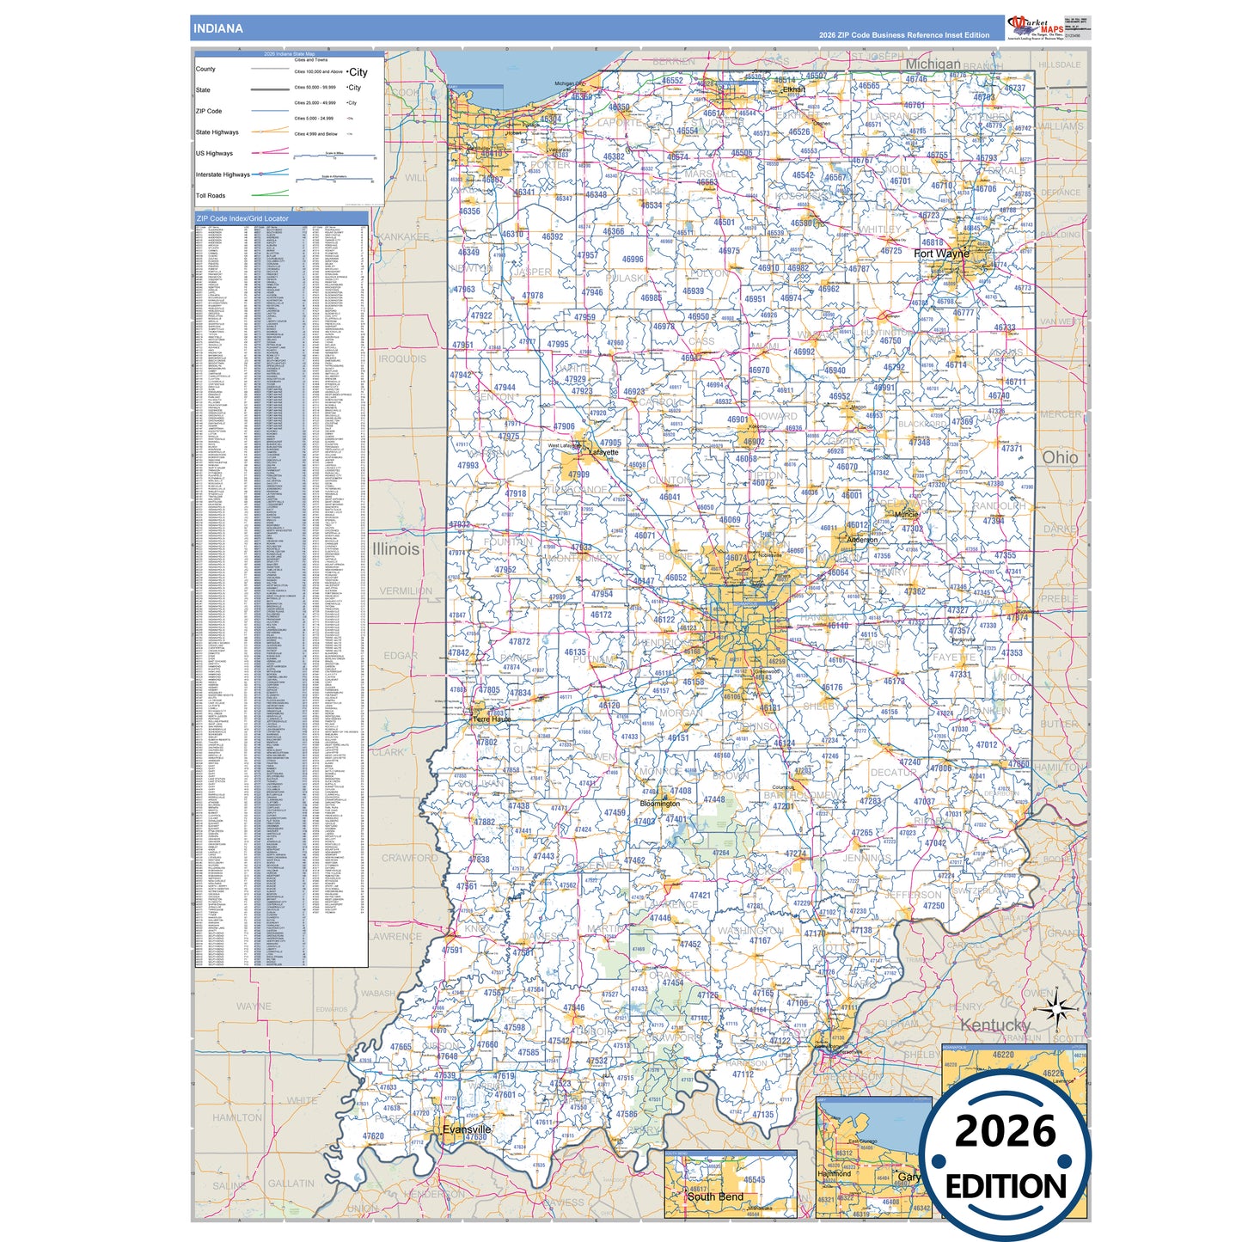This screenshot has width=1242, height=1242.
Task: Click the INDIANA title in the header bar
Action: (x=217, y=28)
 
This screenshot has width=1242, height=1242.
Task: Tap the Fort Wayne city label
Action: (x=941, y=254)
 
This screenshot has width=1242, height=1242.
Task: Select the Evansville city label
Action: (x=467, y=1129)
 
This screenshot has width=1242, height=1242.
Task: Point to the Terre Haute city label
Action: (x=492, y=719)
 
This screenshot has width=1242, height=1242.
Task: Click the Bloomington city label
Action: (x=659, y=804)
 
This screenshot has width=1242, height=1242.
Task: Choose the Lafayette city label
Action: (x=603, y=452)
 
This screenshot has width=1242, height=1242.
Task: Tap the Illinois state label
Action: (x=395, y=549)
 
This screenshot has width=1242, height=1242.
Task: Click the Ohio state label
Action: (x=1060, y=458)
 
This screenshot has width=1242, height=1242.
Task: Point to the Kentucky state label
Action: (x=994, y=1025)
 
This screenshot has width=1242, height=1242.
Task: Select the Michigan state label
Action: (x=933, y=64)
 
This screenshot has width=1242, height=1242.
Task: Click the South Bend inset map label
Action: (x=715, y=1196)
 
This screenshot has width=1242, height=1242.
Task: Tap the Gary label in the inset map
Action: (x=908, y=1177)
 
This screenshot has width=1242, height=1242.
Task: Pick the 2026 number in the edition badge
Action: (x=1005, y=1131)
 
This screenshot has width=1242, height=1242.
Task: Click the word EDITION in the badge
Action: (x=1005, y=1187)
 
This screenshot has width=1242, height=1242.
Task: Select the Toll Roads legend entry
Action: (x=211, y=196)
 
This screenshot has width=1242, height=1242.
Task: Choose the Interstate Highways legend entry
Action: (x=223, y=174)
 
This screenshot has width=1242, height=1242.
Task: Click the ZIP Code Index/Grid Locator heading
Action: (x=242, y=218)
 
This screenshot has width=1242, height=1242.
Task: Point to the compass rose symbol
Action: (x=1059, y=1008)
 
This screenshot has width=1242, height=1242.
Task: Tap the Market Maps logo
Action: (x=1035, y=27)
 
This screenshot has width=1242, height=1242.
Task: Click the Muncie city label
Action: (x=906, y=515)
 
